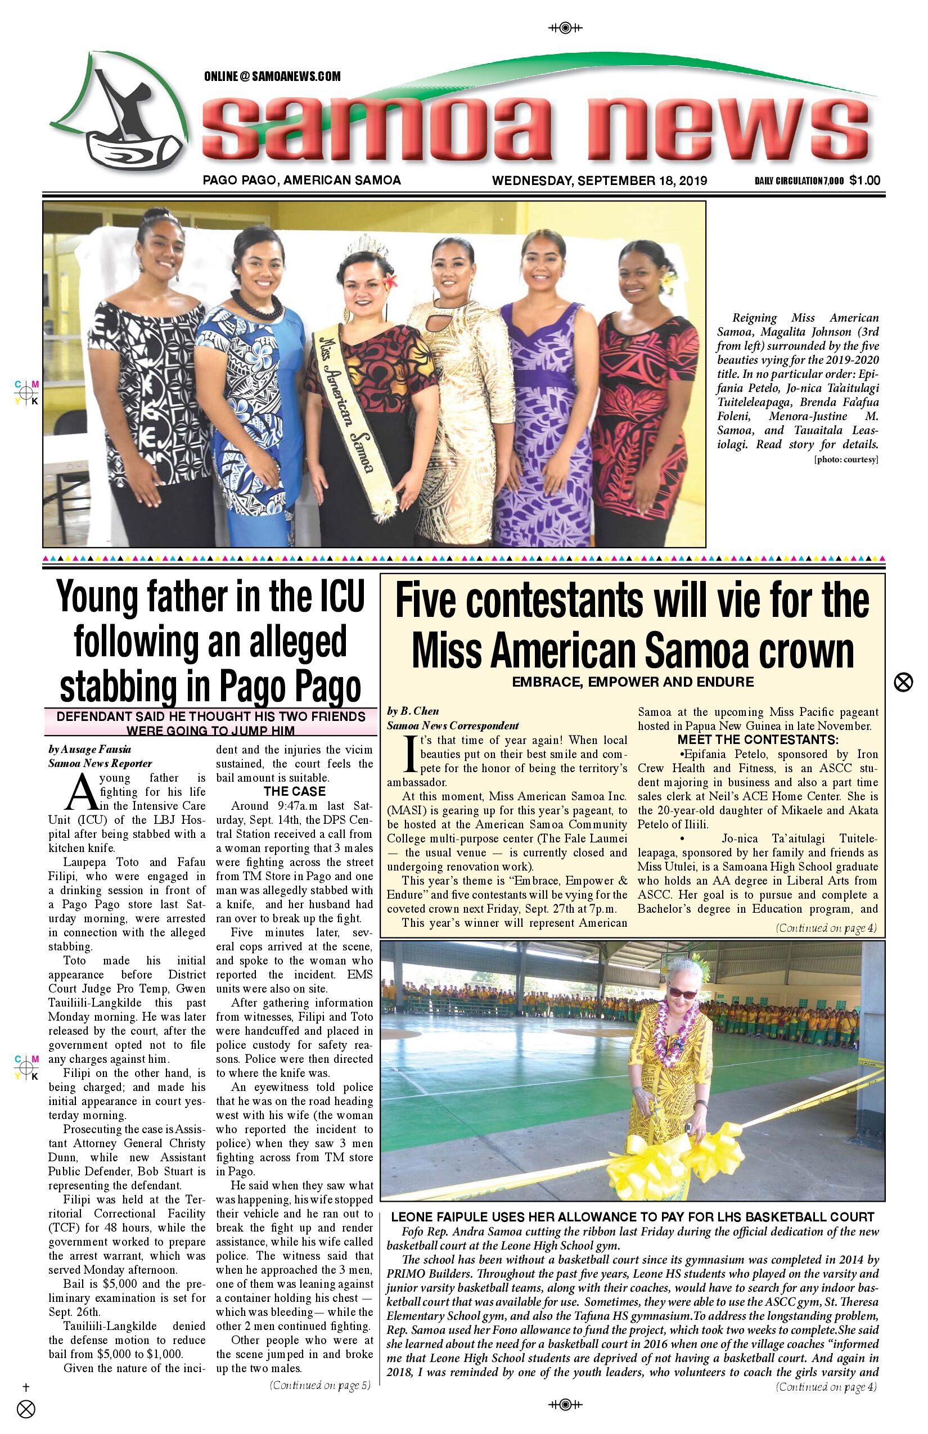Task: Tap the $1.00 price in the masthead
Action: [x=865, y=180]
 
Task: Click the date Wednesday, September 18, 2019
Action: [x=600, y=180]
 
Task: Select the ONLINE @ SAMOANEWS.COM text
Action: [x=272, y=76]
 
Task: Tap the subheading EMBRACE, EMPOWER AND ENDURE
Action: [x=633, y=682]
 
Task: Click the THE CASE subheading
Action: [x=295, y=792]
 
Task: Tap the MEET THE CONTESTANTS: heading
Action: [x=758, y=740]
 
